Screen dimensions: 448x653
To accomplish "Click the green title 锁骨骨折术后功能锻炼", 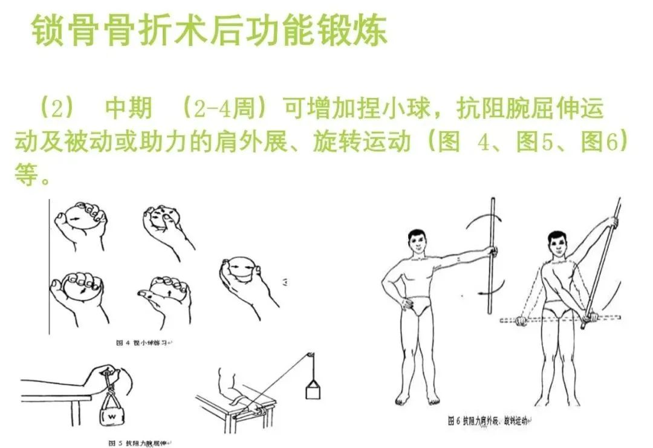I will (x=209, y=31).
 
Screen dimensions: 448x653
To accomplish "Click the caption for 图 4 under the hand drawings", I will (x=143, y=343).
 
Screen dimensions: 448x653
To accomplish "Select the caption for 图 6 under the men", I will (x=487, y=420).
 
